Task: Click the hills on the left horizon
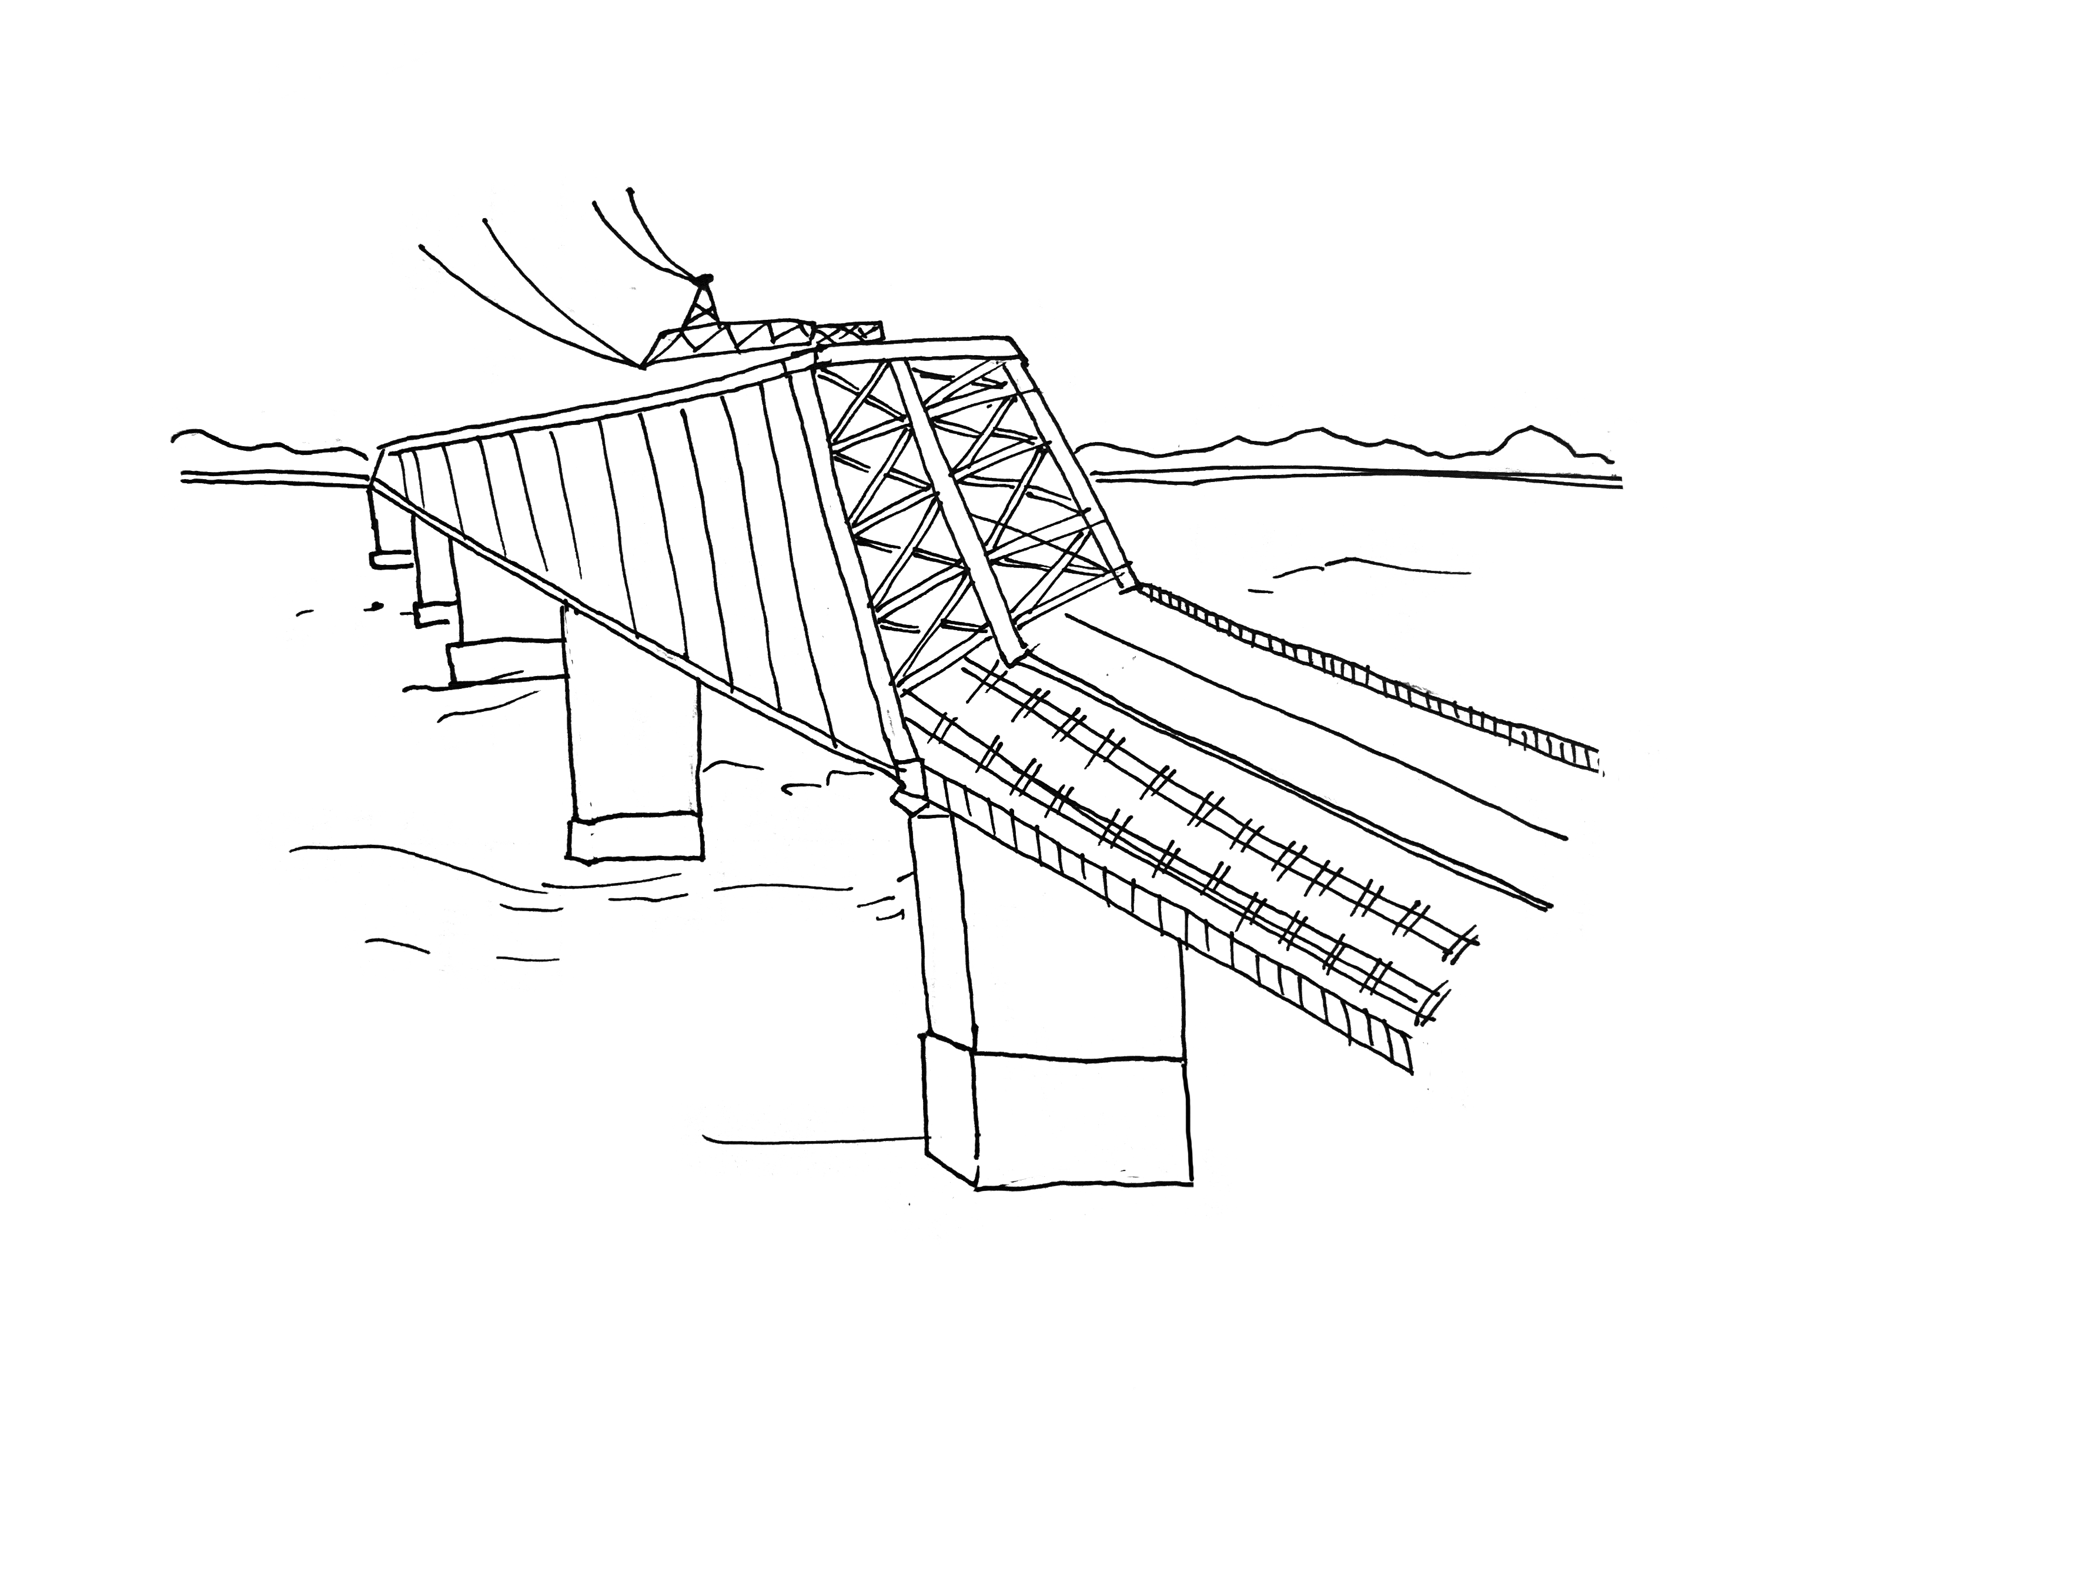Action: coord(266,447)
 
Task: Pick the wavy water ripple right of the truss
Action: coord(1368,568)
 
